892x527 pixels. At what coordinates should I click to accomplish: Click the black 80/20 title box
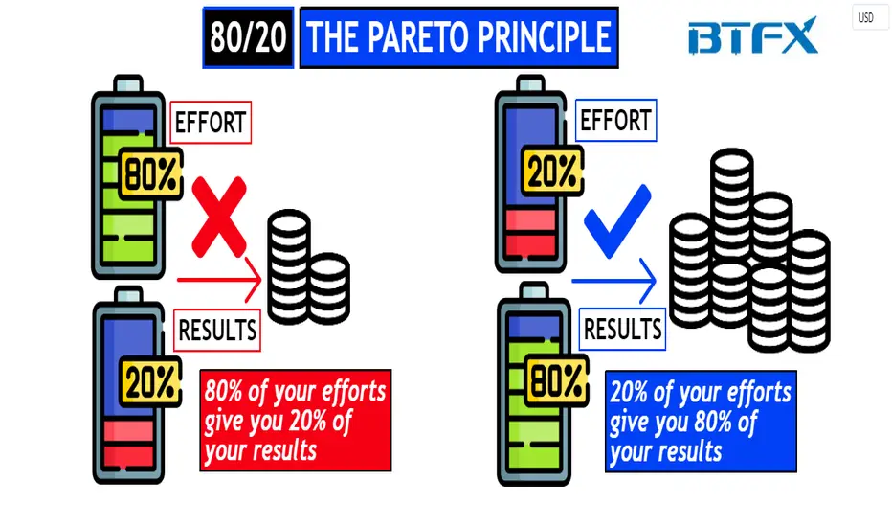coord(248,37)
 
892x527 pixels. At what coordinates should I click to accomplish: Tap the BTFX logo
coord(752,35)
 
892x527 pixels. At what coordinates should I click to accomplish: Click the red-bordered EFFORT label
coord(211,123)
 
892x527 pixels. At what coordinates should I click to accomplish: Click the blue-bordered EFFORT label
coord(615,120)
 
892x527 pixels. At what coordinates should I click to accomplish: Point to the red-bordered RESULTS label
coord(216,330)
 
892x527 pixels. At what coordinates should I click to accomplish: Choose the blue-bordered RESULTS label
coord(622,329)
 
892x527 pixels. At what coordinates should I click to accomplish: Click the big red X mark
coord(219,218)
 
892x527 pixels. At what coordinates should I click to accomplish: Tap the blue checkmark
coord(617,222)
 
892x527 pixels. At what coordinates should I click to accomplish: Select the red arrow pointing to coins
coord(219,280)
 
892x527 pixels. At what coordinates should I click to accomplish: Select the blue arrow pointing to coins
coord(613,281)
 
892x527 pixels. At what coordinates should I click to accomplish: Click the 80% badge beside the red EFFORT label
coord(151,173)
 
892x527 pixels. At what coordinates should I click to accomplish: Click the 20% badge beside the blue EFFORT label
coord(552,171)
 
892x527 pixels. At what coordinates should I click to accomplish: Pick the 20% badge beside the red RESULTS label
coord(151,381)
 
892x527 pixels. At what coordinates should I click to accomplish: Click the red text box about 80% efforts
coord(295,421)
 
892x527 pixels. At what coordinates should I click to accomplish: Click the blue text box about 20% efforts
coord(701,422)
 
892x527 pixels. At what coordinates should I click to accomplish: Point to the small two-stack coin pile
coord(308,267)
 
